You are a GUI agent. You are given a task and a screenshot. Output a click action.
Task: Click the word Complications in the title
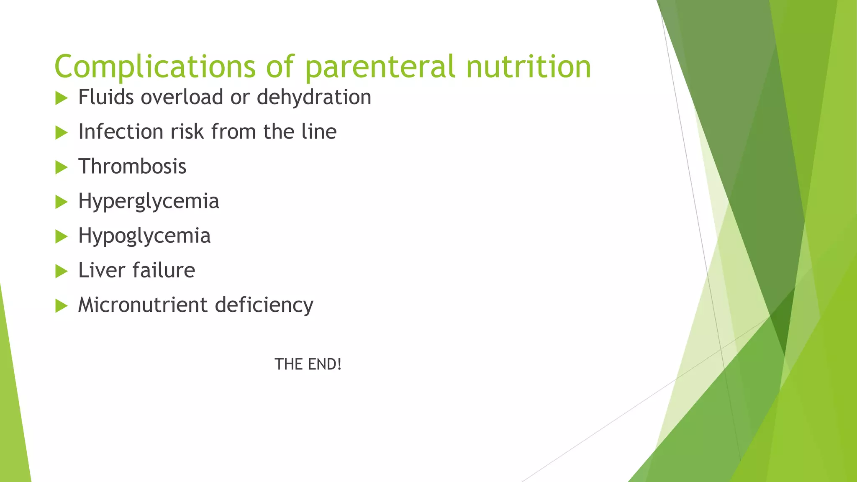154,67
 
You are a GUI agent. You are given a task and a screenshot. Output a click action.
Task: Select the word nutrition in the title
529,67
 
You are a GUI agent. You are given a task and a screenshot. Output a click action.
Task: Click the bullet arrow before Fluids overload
61,99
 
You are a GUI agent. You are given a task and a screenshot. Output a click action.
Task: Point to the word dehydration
314,97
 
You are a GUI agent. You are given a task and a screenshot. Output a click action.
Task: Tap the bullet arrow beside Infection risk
61,133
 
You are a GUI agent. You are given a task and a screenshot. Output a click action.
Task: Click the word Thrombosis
132,167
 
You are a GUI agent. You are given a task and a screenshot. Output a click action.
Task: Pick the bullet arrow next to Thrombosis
61,168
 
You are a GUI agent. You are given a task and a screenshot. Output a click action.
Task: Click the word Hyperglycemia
149,202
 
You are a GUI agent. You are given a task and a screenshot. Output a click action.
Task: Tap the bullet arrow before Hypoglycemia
61,237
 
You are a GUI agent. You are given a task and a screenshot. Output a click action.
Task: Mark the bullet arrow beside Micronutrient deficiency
61,306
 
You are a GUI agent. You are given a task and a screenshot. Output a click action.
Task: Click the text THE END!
308,364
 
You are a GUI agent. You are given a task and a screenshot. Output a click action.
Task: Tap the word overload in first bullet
182,97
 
